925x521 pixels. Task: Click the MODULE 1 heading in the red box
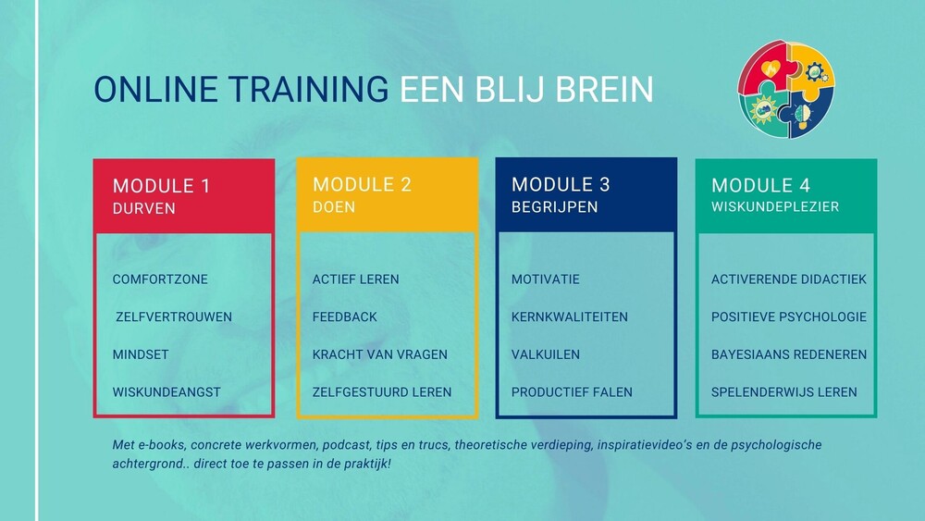pyautogui.click(x=161, y=186)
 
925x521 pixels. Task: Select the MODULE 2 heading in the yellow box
pyautogui.click(x=362, y=185)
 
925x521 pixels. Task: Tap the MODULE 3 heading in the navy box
pyautogui.click(x=561, y=185)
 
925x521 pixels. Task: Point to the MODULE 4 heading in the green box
pyautogui.click(x=760, y=185)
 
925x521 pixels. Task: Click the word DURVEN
pyautogui.click(x=144, y=208)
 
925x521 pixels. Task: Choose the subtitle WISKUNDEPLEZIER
pyautogui.click(x=775, y=206)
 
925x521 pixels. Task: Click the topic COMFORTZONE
pyautogui.click(x=160, y=279)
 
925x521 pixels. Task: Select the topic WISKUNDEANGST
pyautogui.click(x=166, y=392)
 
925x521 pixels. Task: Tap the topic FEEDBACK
pyautogui.click(x=344, y=316)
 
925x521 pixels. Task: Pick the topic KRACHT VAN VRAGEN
pyautogui.click(x=380, y=354)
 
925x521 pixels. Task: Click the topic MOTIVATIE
pyautogui.click(x=545, y=279)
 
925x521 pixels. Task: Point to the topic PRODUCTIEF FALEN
pyautogui.click(x=572, y=392)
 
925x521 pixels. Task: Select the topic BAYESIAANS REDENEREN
pyautogui.click(x=789, y=354)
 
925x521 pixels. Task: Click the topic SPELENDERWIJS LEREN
pyautogui.click(x=784, y=392)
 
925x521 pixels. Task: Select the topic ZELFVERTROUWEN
pyautogui.click(x=174, y=316)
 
